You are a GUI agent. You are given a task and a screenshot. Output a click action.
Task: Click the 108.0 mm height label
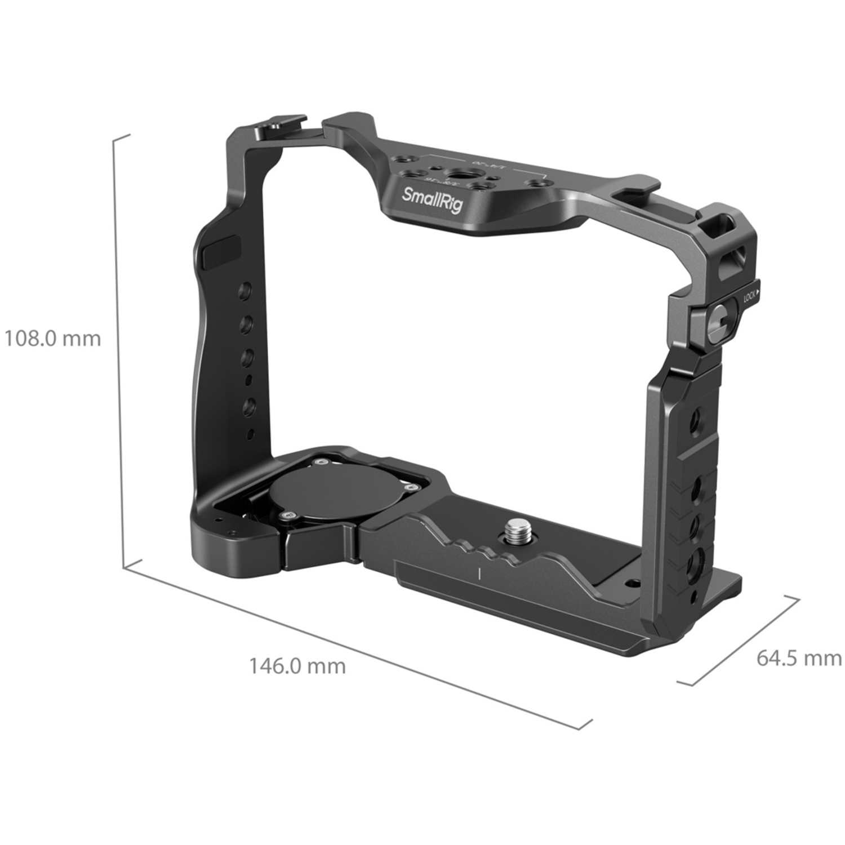[52, 339]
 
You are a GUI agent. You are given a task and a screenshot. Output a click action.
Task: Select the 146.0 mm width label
[297, 666]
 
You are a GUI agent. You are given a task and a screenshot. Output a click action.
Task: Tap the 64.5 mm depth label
[798, 658]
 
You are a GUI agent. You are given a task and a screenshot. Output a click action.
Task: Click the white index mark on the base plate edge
[478, 574]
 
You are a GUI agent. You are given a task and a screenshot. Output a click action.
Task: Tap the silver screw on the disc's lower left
[289, 514]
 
